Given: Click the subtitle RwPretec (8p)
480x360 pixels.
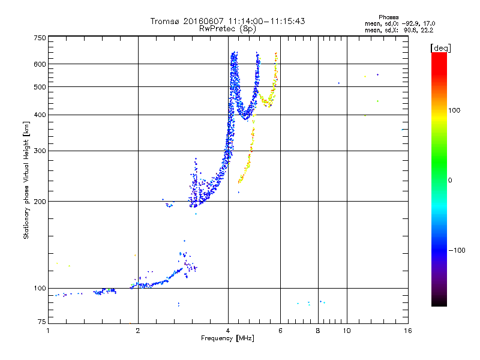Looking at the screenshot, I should (228, 28).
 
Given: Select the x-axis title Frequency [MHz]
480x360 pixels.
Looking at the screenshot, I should (227, 338).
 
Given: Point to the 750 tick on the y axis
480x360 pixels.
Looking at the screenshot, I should (39, 38).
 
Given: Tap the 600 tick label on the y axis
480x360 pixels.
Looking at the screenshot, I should (39, 64).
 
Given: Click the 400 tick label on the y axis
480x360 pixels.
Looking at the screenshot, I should (39, 115).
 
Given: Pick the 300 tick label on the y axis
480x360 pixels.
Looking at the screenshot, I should (39, 151).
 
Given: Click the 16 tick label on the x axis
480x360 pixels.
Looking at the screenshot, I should (407, 331).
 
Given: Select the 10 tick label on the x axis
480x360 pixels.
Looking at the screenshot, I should (346, 331).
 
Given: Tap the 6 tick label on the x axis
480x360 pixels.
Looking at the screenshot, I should (280, 331).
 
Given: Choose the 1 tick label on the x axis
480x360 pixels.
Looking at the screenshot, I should (48, 331).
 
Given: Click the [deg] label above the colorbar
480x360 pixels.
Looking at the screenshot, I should (440, 47).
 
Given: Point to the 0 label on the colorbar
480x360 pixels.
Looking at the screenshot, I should (450, 180).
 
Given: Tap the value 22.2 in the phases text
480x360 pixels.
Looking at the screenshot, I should (428, 29).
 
